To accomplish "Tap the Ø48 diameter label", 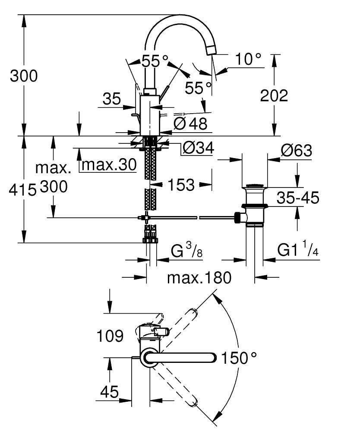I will coord(190,124).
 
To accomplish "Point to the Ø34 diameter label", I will coord(198,148).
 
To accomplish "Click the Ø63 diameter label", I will coord(296,151).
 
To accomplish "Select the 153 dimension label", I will coord(180,185).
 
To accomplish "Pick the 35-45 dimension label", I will coord(298,198).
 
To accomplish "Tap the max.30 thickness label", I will coord(109,164).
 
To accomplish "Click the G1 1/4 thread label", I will coord(298,250).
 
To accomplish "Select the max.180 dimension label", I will coord(199,277).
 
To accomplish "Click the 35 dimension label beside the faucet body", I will coord(112,99).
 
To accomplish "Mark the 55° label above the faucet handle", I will coord(155,61).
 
